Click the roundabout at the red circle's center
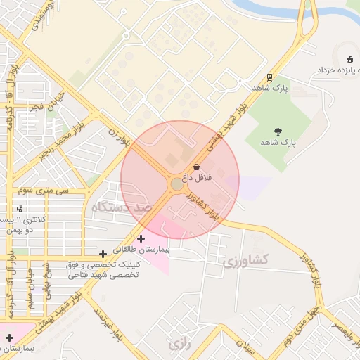[x=176, y=184]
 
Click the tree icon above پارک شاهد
[x=278, y=131]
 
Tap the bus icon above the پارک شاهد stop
[x=269, y=77]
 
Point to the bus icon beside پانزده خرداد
[x=350, y=59]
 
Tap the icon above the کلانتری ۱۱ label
[x=20, y=209]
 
